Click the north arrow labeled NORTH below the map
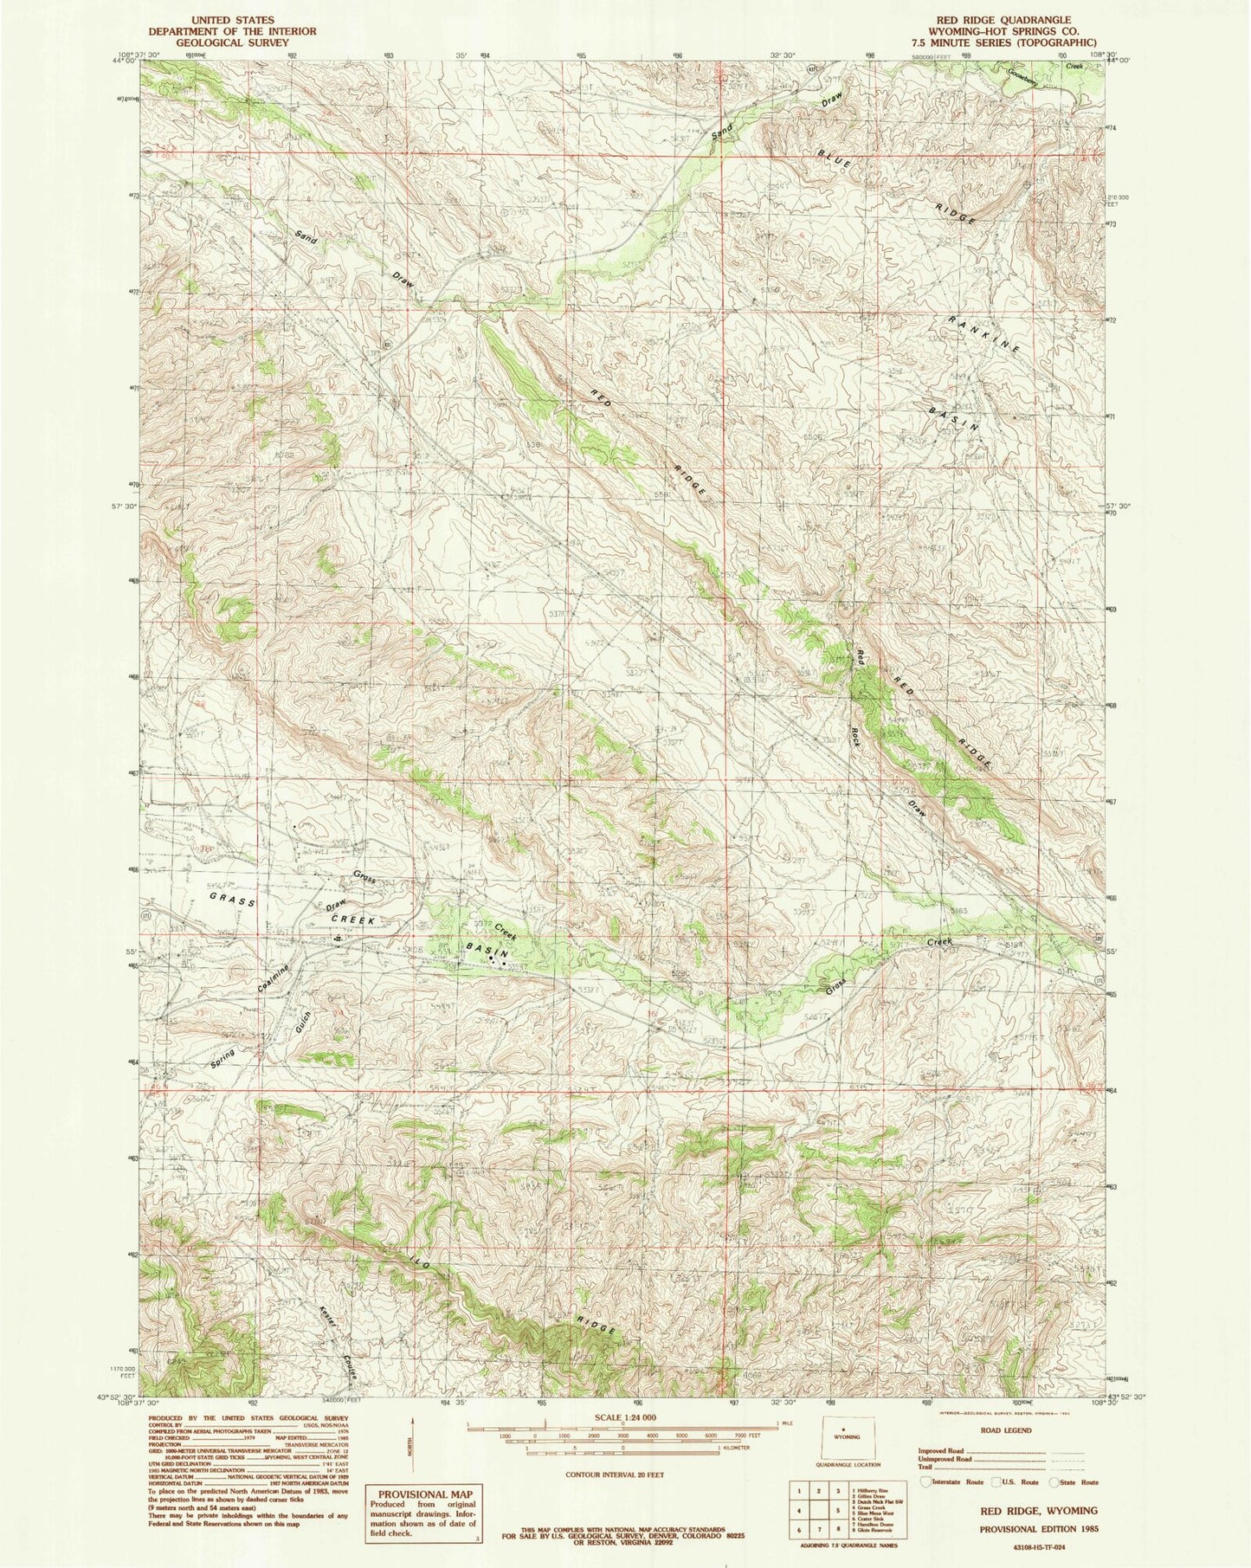414,1442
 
